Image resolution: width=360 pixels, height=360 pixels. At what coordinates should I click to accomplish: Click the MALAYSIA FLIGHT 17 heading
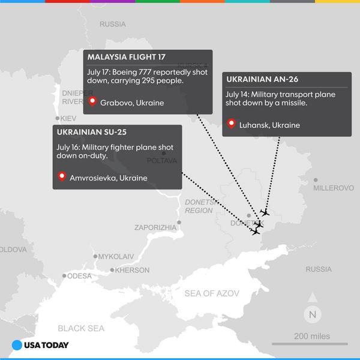[126, 58]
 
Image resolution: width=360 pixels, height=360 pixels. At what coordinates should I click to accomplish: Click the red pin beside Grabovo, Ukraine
[92, 102]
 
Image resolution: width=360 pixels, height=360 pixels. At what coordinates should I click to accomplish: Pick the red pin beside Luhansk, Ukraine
[232, 124]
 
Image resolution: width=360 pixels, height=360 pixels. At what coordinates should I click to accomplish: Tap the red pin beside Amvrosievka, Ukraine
[62, 177]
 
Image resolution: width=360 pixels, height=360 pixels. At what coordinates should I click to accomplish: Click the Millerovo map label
[334, 188]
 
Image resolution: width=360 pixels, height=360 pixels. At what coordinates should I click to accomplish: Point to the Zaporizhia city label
[155, 227]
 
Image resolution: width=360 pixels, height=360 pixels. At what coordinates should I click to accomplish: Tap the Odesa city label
[79, 276]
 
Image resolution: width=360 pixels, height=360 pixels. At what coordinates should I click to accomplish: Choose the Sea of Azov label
[212, 293]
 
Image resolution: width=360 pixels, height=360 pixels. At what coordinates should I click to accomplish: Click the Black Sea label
[80, 328]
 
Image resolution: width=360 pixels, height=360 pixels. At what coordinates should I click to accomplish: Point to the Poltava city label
[162, 161]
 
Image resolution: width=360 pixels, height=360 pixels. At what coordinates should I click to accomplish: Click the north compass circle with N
[313, 313]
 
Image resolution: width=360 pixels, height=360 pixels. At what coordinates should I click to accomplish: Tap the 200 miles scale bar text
[311, 337]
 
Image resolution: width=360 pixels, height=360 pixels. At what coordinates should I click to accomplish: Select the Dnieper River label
[76, 97]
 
